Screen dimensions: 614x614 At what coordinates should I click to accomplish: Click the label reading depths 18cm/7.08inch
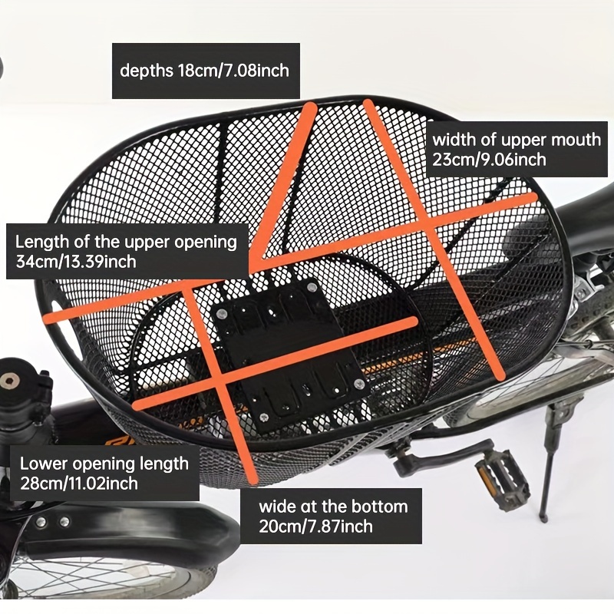pyautogui.click(x=204, y=71)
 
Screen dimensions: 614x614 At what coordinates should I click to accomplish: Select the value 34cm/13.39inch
pyautogui.click(x=76, y=262)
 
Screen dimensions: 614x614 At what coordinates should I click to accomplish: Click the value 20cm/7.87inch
pyautogui.click(x=315, y=527)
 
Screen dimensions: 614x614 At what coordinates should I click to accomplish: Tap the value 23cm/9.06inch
pyautogui.click(x=490, y=160)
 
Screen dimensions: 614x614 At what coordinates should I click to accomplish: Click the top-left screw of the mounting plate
pyautogui.click(x=221, y=313)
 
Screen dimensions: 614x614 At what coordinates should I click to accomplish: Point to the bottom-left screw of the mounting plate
pyautogui.click(x=263, y=417)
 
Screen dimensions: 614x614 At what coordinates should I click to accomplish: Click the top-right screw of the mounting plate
pyautogui.click(x=312, y=287)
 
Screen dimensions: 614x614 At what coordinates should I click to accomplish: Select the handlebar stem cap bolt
pyautogui.click(x=10, y=380)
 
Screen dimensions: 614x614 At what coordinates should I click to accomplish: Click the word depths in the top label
pyautogui.click(x=146, y=71)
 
